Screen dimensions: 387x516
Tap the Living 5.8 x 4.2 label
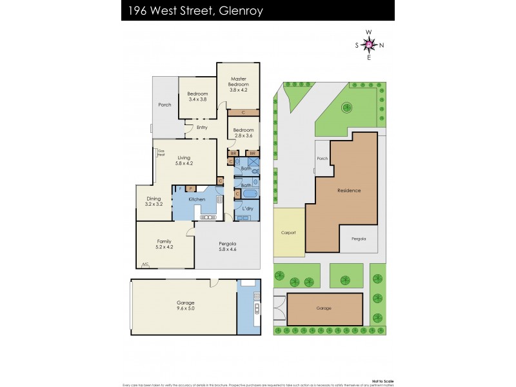(184, 161)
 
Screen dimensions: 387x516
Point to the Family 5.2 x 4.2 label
(165, 243)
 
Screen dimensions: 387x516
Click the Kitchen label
(197, 199)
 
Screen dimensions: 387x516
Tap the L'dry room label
(247, 208)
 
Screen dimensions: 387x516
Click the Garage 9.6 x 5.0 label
(186, 306)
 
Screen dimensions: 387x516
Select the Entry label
(202, 127)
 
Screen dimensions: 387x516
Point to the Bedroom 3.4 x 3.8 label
(197, 97)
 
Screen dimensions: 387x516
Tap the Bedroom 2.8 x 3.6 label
(244, 133)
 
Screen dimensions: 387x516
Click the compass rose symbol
(369, 45)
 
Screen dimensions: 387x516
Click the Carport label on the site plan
(288, 232)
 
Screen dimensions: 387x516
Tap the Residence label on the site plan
(349, 190)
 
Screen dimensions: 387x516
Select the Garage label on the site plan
(324, 308)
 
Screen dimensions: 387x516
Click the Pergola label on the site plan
(359, 239)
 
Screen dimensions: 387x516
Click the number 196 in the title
(137, 11)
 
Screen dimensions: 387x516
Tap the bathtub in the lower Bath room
(250, 193)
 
